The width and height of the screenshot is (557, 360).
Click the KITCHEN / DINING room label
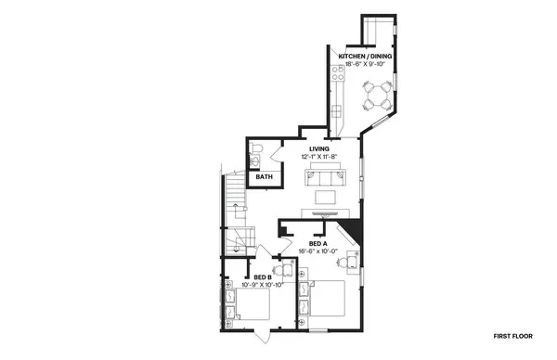[366, 58]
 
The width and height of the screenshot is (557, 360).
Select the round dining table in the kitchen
[377, 94]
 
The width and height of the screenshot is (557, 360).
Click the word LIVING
[320, 149]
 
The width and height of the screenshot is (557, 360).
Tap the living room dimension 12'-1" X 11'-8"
[320, 158]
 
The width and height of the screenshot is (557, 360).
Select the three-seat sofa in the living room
[326, 171]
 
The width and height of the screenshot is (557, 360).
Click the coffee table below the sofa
[326, 196]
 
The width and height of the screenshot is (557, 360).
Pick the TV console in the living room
[326, 212]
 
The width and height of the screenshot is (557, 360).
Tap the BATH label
[265, 177]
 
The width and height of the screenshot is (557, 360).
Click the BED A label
[318, 244]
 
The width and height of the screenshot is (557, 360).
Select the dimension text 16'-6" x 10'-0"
[318, 252]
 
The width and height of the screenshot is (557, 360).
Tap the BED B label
[263, 276]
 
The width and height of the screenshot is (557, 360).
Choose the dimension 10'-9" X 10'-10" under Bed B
[263, 285]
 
